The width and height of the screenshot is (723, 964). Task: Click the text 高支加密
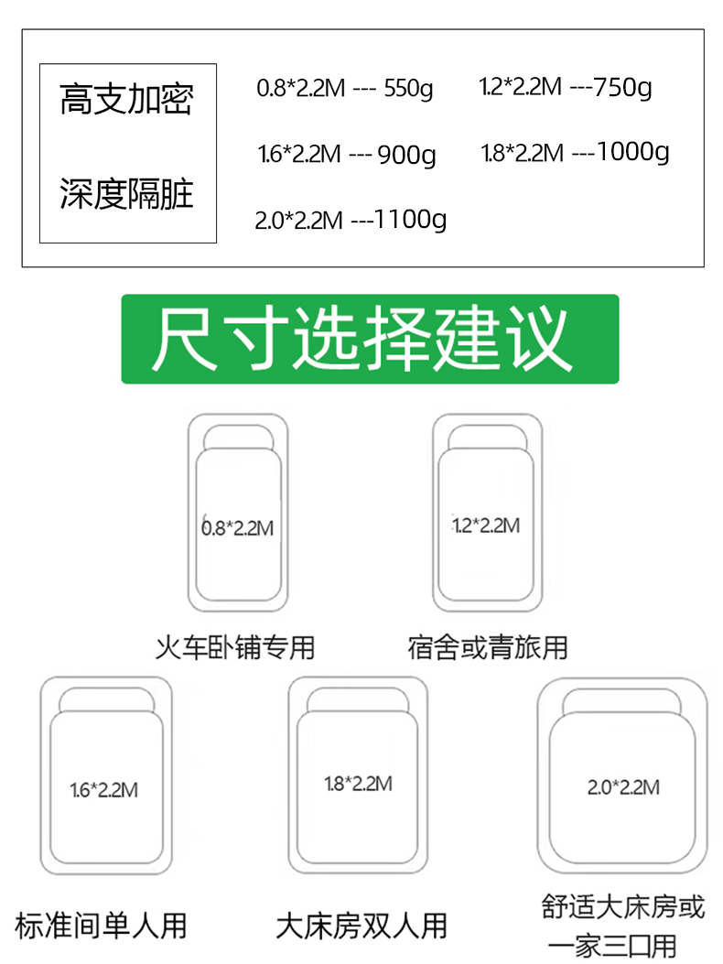pos(126,100)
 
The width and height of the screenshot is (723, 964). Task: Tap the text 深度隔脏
pos(126,194)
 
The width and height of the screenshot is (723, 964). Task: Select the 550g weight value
pos(408,90)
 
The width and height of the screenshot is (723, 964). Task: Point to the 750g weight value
pos(623,88)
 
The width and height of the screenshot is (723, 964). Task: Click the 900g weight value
pos(406,155)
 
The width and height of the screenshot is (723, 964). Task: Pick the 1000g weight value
pos(632,151)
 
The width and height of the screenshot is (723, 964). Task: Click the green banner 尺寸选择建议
pos(370,339)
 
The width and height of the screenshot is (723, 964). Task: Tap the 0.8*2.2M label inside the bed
pos(237,528)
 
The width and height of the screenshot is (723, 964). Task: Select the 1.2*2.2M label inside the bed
pos(486,525)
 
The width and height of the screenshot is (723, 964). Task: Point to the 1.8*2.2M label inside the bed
pos(358,784)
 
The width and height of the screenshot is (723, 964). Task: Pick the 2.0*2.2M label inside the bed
pos(623,787)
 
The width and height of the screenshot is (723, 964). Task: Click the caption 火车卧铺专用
pos(235,648)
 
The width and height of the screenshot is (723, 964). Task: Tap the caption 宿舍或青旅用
pos(488,648)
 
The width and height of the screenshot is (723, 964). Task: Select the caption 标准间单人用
pos(101,925)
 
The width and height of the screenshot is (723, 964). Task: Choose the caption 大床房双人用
pos(361,926)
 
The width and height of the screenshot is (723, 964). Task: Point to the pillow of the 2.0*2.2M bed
pos(622,701)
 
